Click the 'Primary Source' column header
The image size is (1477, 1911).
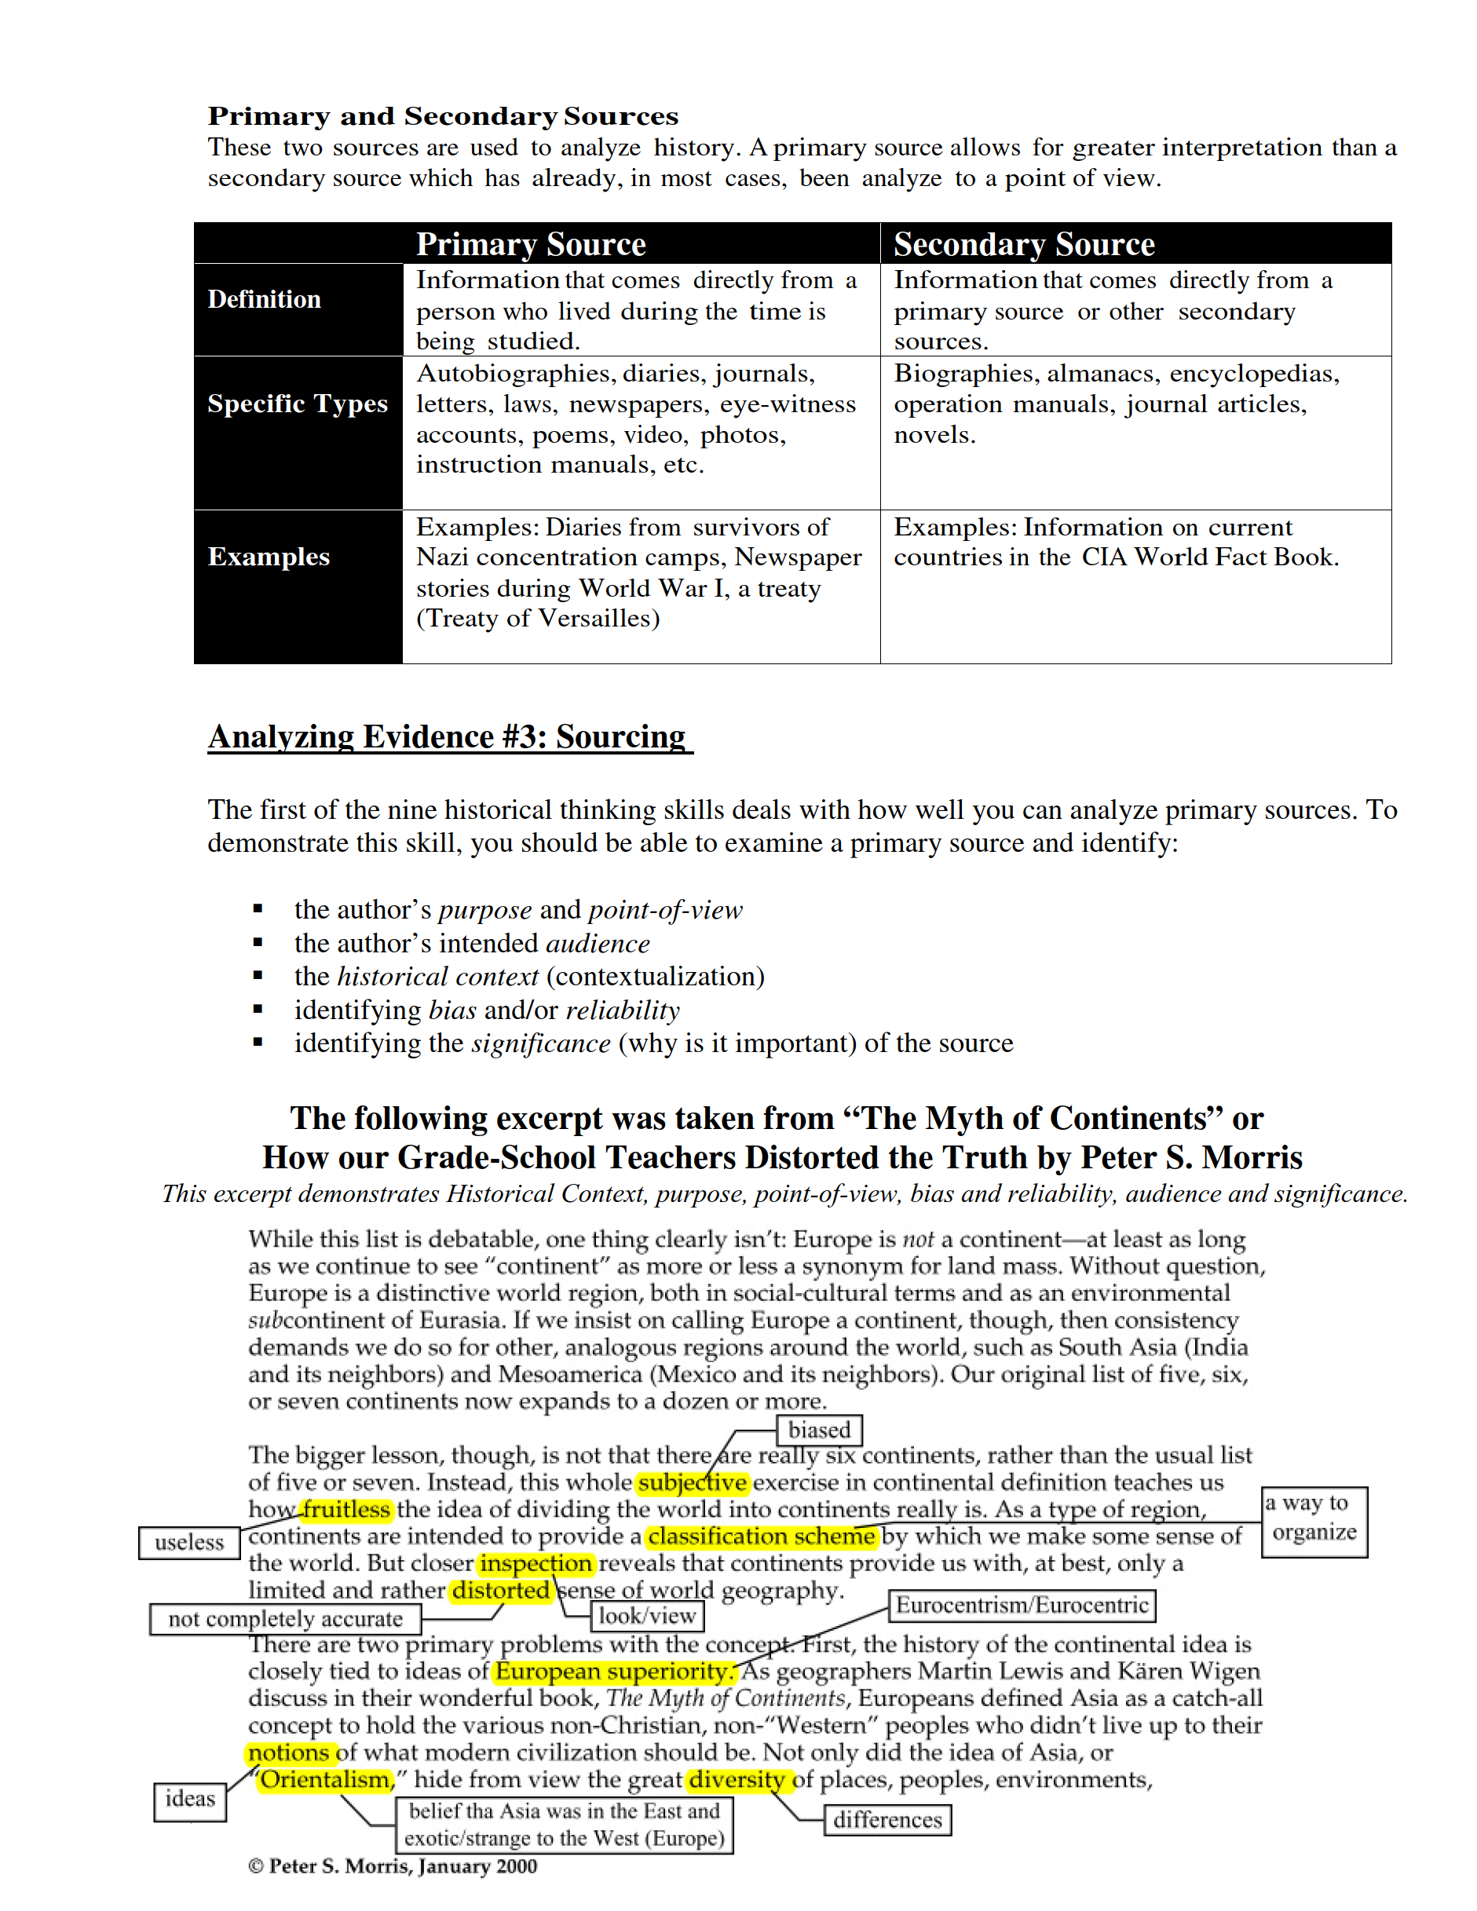(530, 244)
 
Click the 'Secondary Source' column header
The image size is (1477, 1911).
(1024, 244)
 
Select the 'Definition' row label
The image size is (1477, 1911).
(265, 299)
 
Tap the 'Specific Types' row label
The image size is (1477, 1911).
(298, 404)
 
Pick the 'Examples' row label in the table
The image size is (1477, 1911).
(269, 557)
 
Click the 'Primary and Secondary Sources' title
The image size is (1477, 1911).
(443, 116)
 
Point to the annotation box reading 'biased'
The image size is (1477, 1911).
(819, 1430)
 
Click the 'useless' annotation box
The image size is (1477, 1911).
(189, 1542)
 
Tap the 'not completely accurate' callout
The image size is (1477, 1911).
(285, 1619)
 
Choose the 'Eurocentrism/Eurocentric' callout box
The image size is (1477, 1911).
(1021, 1605)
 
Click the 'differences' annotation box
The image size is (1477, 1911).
(887, 1820)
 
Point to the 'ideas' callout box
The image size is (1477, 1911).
(190, 1799)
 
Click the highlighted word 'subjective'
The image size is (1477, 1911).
(692, 1482)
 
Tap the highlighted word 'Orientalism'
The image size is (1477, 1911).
(324, 1779)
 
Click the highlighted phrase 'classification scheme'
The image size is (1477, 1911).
(761, 1536)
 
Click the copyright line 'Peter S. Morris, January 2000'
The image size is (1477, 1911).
(393, 1865)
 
